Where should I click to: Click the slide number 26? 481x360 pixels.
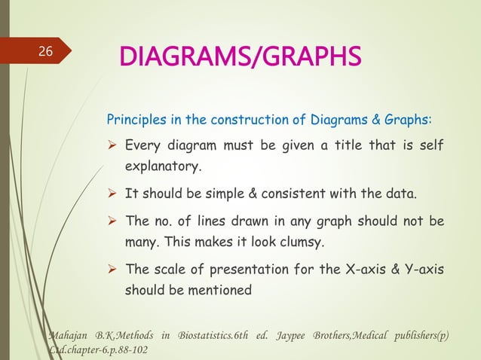(x=45, y=52)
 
